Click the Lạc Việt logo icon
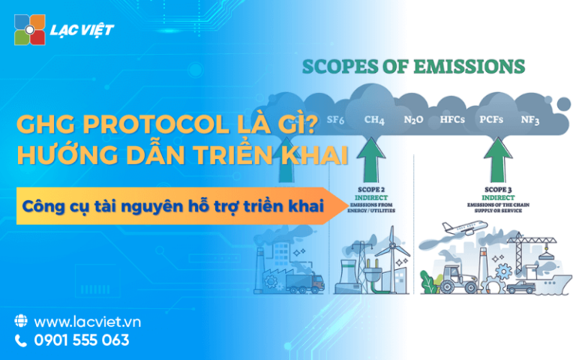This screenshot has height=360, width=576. pyautogui.click(x=30, y=30)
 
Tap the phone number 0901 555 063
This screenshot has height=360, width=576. pyautogui.click(x=82, y=340)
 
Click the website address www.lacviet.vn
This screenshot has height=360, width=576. pyautogui.click(x=88, y=322)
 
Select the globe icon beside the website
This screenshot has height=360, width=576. pyautogui.click(x=21, y=322)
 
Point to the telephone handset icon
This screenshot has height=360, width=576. pyautogui.click(x=21, y=340)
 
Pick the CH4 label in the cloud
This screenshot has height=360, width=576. pyautogui.click(x=375, y=119)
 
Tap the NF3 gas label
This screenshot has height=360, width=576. pyautogui.click(x=530, y=120)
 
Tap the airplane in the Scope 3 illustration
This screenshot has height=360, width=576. pyautogui.click(x=460, y=228)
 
